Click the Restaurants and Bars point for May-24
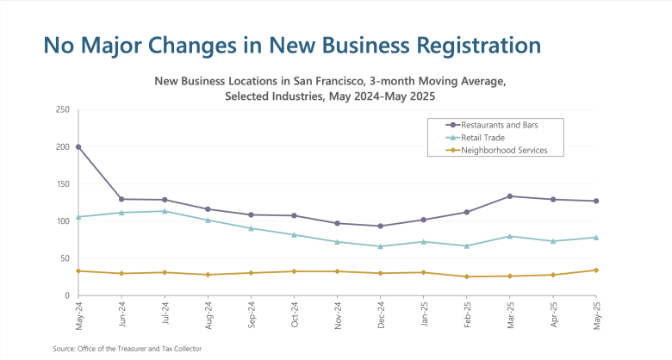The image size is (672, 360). pyautogui.click(x=78, y=146)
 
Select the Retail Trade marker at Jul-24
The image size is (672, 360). pyautogui.click(x=165, y=211)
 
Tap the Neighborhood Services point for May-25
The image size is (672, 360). pyautogui.click(x=596, y=270)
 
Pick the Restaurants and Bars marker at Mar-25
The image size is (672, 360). pyautogui.click(x=510, y=196)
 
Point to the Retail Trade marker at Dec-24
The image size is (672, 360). pyautogui.click(x=381, y=246)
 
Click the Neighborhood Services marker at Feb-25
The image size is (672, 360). pyautogui.click(x=467, y=276)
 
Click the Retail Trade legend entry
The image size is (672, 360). pyautogui.click(x=482, y=138)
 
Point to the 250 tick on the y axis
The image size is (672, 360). pyautogui.click(x=63, y=109)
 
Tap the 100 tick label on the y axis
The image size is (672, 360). pyautogui.click(x=63, y=221)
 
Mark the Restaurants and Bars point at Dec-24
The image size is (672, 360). pyautogui.click(x=381, y=227)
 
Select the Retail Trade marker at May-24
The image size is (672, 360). pyautogui.click(x=78, y=217)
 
